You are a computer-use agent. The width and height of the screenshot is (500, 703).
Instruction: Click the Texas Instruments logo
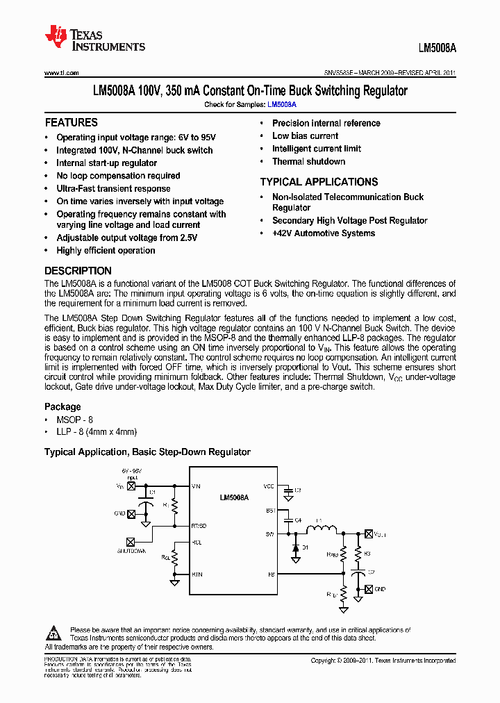94,40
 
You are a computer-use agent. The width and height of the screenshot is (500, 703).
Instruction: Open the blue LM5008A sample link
282,104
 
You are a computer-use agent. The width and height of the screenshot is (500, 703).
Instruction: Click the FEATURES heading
71,122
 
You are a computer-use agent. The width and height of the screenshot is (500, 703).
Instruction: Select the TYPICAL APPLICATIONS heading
319,182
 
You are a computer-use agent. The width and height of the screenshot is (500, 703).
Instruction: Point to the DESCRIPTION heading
78,271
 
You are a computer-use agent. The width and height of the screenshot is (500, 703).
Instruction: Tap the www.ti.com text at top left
62,72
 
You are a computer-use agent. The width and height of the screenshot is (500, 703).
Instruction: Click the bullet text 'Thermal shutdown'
308,162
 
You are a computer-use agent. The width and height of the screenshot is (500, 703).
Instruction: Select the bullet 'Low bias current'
305,136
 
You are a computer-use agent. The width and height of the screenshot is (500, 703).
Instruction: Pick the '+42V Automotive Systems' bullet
323,233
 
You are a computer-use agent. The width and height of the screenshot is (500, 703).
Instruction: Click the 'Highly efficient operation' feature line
106,251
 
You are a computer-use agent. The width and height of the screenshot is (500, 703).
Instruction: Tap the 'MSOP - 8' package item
74,420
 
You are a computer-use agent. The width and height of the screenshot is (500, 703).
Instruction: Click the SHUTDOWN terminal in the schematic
131,542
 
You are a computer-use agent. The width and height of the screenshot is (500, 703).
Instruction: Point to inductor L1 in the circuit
320,531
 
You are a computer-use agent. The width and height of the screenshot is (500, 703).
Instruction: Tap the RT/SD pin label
199,526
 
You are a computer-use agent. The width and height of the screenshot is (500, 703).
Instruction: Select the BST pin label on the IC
270,511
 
